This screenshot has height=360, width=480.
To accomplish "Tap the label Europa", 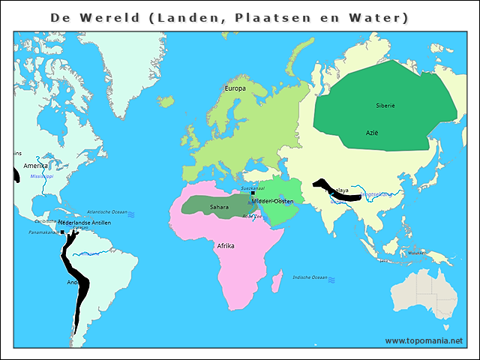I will pos(235,88).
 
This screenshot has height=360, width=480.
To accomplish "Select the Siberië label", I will pos(385,106).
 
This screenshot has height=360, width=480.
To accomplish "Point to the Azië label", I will pos(372,133).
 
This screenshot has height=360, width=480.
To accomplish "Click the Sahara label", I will pos(219,207).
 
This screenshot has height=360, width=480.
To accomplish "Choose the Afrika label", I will pos(226,246).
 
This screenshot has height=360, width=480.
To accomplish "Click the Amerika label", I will pos(35,166).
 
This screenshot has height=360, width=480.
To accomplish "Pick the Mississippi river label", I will pos(42,176).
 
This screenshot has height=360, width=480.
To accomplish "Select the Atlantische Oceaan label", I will pos(106,212).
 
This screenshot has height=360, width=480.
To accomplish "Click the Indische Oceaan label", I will pos(310,277).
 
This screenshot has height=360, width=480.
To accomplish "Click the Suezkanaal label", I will pos(253,188).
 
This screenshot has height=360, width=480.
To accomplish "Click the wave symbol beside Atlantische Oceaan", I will pos(131,214).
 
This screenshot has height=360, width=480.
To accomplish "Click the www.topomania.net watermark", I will pos(424,340).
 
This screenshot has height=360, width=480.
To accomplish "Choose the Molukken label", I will pos(417,253).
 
